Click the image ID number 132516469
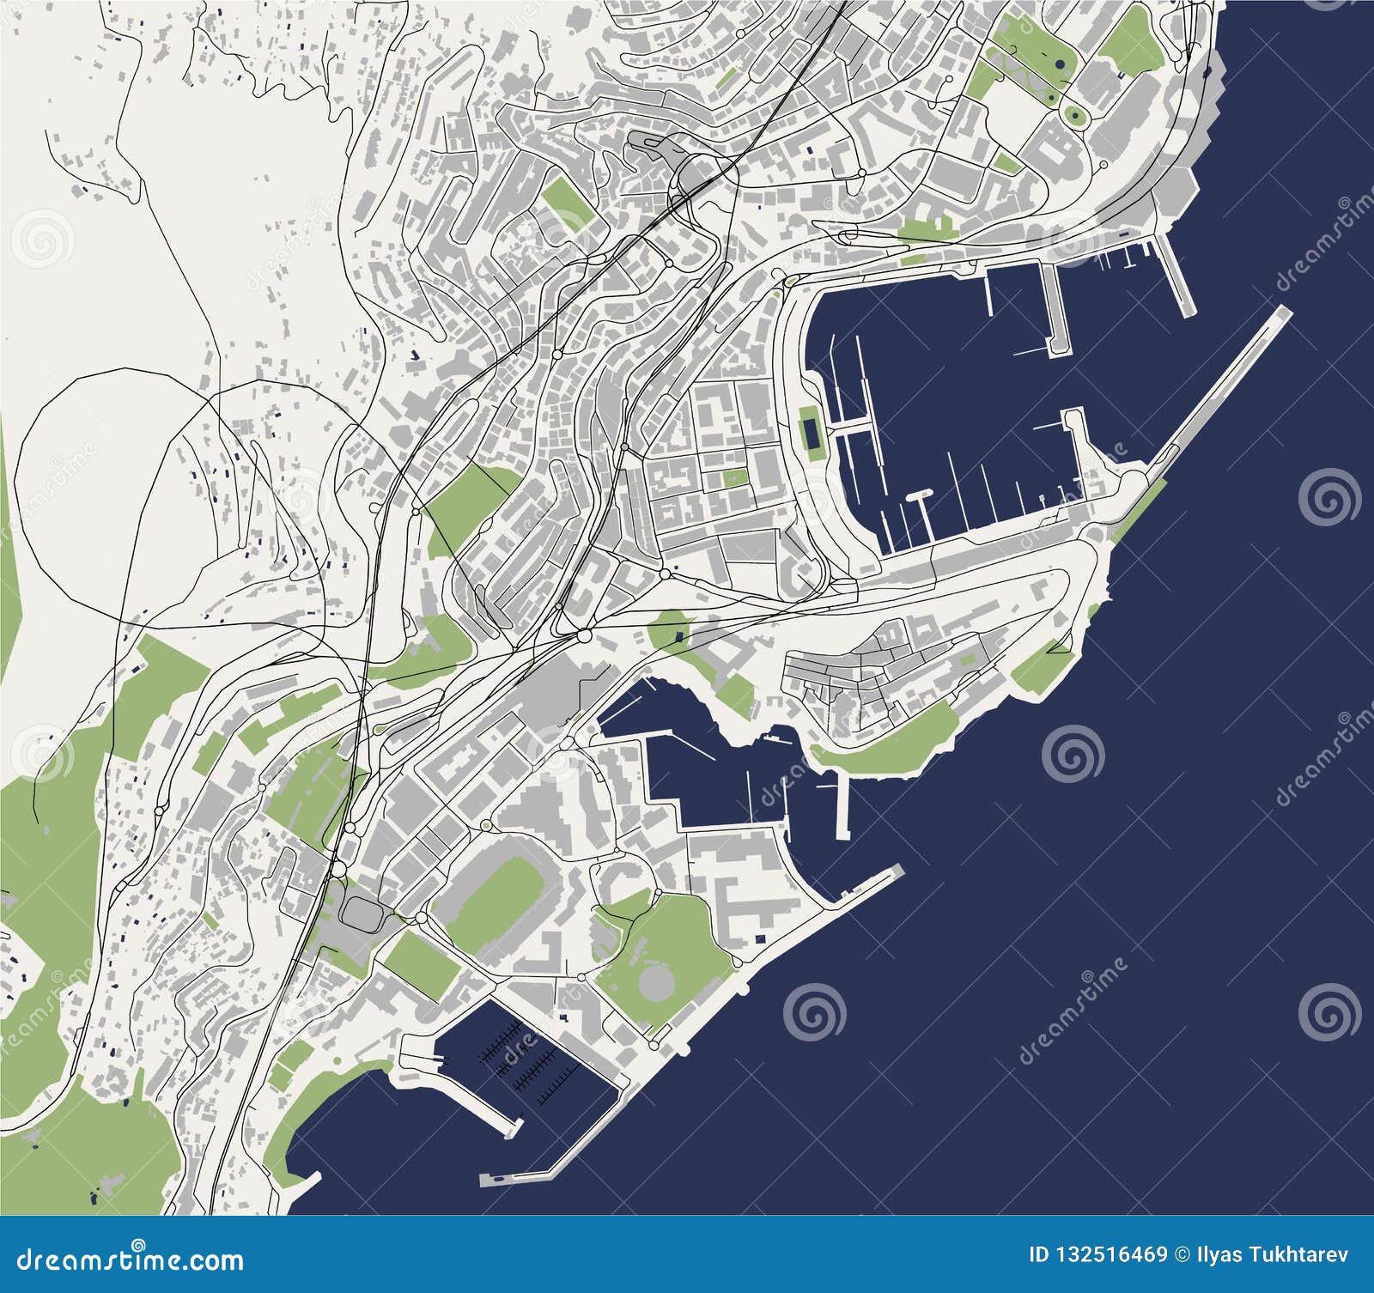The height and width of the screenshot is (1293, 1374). point(1114,1255)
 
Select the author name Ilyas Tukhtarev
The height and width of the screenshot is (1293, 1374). point(1275,1255)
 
